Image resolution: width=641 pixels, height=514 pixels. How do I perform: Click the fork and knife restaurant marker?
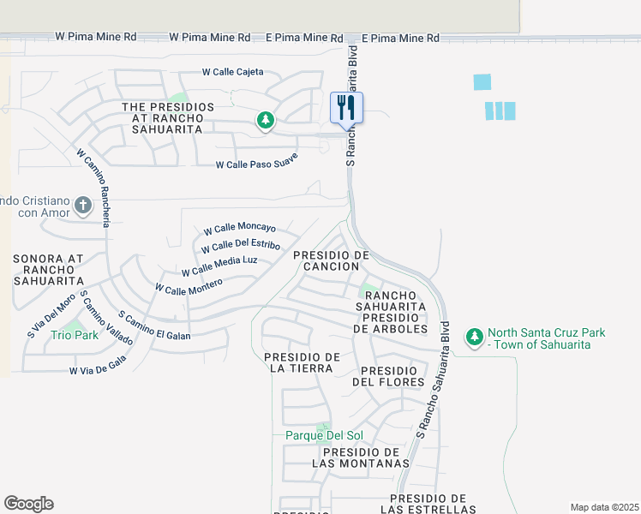(346, 109)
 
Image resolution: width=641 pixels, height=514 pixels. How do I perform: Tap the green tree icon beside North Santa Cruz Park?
(474, 338)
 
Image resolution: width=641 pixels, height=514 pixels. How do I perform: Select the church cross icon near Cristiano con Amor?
(82, 205)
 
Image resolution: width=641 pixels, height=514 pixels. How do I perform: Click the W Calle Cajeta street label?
(232, 72)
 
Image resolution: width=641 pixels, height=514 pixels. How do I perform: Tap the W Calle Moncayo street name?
(239, 229)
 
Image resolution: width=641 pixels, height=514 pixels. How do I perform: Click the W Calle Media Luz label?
(219, 266)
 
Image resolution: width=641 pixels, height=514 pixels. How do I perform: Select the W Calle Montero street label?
(189, 285)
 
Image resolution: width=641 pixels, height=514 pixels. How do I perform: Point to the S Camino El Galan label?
(154, 325)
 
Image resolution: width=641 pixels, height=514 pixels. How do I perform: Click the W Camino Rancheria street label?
(94, 188)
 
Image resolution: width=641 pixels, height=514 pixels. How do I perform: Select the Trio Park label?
(74, 335)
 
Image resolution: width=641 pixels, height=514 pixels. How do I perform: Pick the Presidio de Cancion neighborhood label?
(332, 261)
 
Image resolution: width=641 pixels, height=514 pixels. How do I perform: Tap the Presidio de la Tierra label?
(303, 362)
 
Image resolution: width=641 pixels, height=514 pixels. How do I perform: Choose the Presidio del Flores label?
(388, 375)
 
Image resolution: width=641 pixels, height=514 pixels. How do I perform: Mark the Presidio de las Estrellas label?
(428, 504)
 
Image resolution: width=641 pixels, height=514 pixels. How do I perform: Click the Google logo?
(28, 504)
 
